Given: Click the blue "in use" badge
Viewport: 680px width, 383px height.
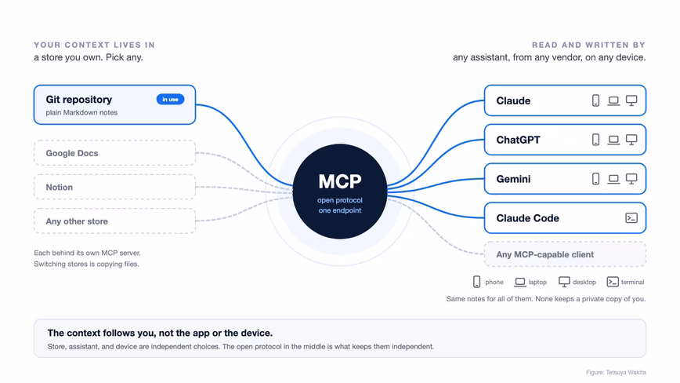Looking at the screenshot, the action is point(170,100).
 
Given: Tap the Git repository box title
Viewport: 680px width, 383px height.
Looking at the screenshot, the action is point(79,100).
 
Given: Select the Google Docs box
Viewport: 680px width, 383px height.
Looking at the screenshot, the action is point(115,153).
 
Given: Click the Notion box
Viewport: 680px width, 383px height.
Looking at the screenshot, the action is point(115,187).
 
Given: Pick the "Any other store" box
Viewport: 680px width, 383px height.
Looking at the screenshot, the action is point(115,221).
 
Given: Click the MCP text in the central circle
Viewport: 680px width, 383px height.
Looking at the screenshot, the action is point(340,181).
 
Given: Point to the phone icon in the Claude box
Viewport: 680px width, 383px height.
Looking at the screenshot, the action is point(596,100).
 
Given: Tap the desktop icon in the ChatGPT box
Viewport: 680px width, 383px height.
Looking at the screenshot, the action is point(631,140).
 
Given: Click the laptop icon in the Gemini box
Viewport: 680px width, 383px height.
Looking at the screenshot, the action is point(613,179).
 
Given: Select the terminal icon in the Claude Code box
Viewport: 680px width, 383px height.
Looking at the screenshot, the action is point(631,218).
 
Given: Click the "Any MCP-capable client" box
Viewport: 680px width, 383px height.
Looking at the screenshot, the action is point(565,254).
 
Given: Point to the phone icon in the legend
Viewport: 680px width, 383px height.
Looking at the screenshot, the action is point(476,282).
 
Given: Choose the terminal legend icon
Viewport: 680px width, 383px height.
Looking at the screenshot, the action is point(613,282).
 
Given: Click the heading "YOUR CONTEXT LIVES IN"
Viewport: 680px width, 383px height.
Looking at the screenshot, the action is point(95,45).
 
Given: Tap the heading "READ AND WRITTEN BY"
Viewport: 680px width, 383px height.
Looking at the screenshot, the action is point(589,45).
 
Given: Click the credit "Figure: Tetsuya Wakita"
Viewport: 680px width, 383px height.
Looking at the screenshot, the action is point(616,373).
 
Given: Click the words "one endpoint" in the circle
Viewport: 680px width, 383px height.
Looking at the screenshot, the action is point(340,210).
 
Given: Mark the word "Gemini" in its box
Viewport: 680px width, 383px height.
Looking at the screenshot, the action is point(513,179).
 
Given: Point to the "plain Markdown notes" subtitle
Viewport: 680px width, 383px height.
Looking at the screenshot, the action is point(81,112).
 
